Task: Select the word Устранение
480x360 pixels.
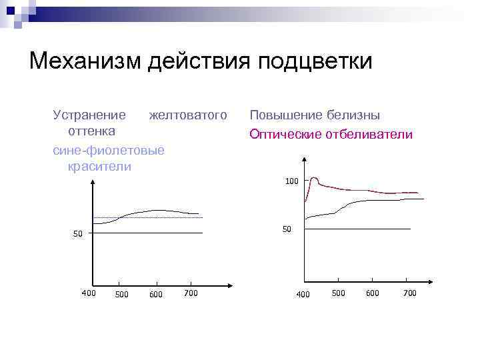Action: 89,115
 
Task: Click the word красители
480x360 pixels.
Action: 99,167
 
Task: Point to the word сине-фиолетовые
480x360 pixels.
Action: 108,151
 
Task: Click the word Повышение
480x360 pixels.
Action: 284,115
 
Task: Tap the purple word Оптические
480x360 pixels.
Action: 285,135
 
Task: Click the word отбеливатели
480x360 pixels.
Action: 369,135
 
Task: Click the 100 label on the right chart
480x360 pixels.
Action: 292,181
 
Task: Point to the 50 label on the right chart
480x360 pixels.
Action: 287,229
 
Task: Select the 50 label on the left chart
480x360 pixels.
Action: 78,234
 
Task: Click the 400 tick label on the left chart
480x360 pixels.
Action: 88,293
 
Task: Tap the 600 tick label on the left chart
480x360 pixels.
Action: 156,294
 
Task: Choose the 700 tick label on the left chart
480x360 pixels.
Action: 191,293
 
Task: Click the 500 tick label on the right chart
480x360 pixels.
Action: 338,293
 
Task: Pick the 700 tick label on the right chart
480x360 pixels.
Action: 409,293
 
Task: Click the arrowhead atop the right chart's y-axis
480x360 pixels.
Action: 304,159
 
